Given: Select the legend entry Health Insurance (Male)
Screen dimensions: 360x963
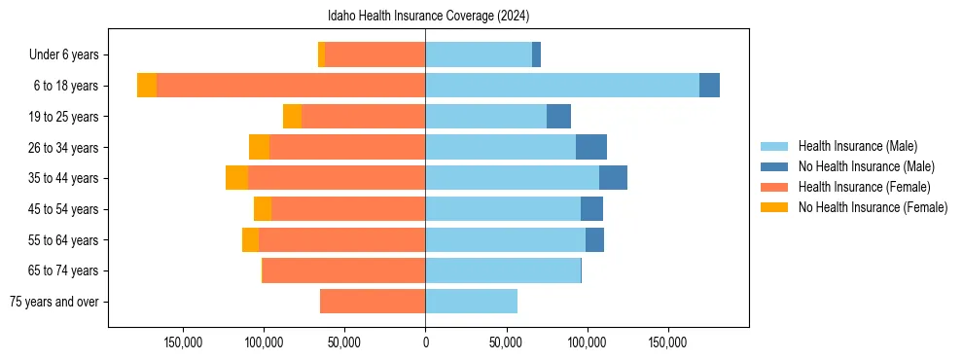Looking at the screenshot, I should coord(857,146).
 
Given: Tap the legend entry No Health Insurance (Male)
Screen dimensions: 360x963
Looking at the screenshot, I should coord(866,166).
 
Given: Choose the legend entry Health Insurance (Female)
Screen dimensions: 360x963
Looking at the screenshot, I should coord(864,187).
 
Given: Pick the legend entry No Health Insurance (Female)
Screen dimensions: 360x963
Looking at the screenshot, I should coord(873,207).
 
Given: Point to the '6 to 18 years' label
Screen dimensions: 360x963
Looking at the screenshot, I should coord(65,86).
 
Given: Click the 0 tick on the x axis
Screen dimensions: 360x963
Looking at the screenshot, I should coord(425,342).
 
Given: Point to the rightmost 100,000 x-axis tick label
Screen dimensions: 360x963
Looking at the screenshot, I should coord(587,342).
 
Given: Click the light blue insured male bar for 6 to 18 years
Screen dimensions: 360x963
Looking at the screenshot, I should coord(562,86).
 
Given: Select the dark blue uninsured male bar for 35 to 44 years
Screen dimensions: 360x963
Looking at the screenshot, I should coord(613,178).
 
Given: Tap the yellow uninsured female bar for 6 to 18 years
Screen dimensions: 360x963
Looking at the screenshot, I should coord(147,86).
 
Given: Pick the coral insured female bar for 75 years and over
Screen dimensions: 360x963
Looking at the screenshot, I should coord(373,302).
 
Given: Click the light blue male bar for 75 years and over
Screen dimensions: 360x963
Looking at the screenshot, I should coord(471,302).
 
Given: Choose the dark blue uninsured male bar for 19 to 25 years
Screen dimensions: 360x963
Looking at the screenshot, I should coord(558,117).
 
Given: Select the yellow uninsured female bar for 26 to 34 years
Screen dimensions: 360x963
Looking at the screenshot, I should coord(259,147).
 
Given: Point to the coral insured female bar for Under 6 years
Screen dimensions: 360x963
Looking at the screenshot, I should coord(374,55).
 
